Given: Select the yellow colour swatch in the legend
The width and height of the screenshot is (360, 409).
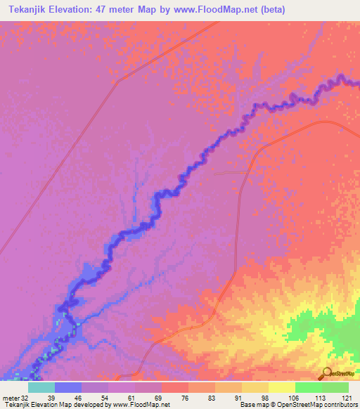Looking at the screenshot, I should [281, 387].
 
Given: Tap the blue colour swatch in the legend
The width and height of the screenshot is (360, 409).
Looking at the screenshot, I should [67, 387].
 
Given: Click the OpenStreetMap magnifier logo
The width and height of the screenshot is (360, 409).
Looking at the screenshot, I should [326, 372].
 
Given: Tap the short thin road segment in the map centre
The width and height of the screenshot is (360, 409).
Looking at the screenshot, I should [232, 171].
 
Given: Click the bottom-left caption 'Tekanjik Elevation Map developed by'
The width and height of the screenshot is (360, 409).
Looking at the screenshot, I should [49, 405].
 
